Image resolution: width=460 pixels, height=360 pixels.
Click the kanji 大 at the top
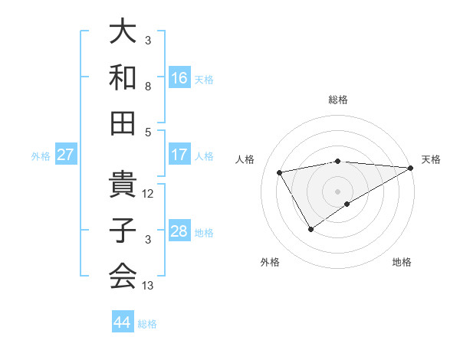(x=123, y=33)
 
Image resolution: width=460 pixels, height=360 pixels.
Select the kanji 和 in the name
(x=123, y=77)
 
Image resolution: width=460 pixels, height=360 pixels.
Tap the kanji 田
(x=123, y=122)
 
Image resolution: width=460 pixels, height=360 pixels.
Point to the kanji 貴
(x=123, y=184)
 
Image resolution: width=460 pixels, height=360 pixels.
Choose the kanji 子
(x=123, y=231)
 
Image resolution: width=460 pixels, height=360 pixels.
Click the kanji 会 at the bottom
(x=123, y=275)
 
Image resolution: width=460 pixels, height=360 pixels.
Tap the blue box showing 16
(x=179, y=77)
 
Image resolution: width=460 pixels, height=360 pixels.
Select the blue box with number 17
(x=179, y=155)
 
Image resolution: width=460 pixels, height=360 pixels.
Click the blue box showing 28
(x=179, y=231)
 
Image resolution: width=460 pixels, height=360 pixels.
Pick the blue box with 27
(x=66, y=155)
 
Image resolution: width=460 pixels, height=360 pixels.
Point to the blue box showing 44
(x=123, y=322)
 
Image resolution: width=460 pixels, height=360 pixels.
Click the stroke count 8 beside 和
(x=148, y=87)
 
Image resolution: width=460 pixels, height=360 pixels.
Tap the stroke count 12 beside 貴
(x=148, y=194)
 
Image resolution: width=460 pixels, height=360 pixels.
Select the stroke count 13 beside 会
(x=148, y=286)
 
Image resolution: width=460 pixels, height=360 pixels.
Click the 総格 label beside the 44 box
(x=147, y=324)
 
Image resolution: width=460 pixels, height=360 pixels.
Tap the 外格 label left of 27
(x=41, y=156)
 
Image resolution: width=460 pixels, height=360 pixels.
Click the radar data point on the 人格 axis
(x=280, y=172)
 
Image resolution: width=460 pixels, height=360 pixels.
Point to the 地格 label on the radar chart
(x=402, y=263)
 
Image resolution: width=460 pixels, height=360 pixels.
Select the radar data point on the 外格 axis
(x=310, y=228)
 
